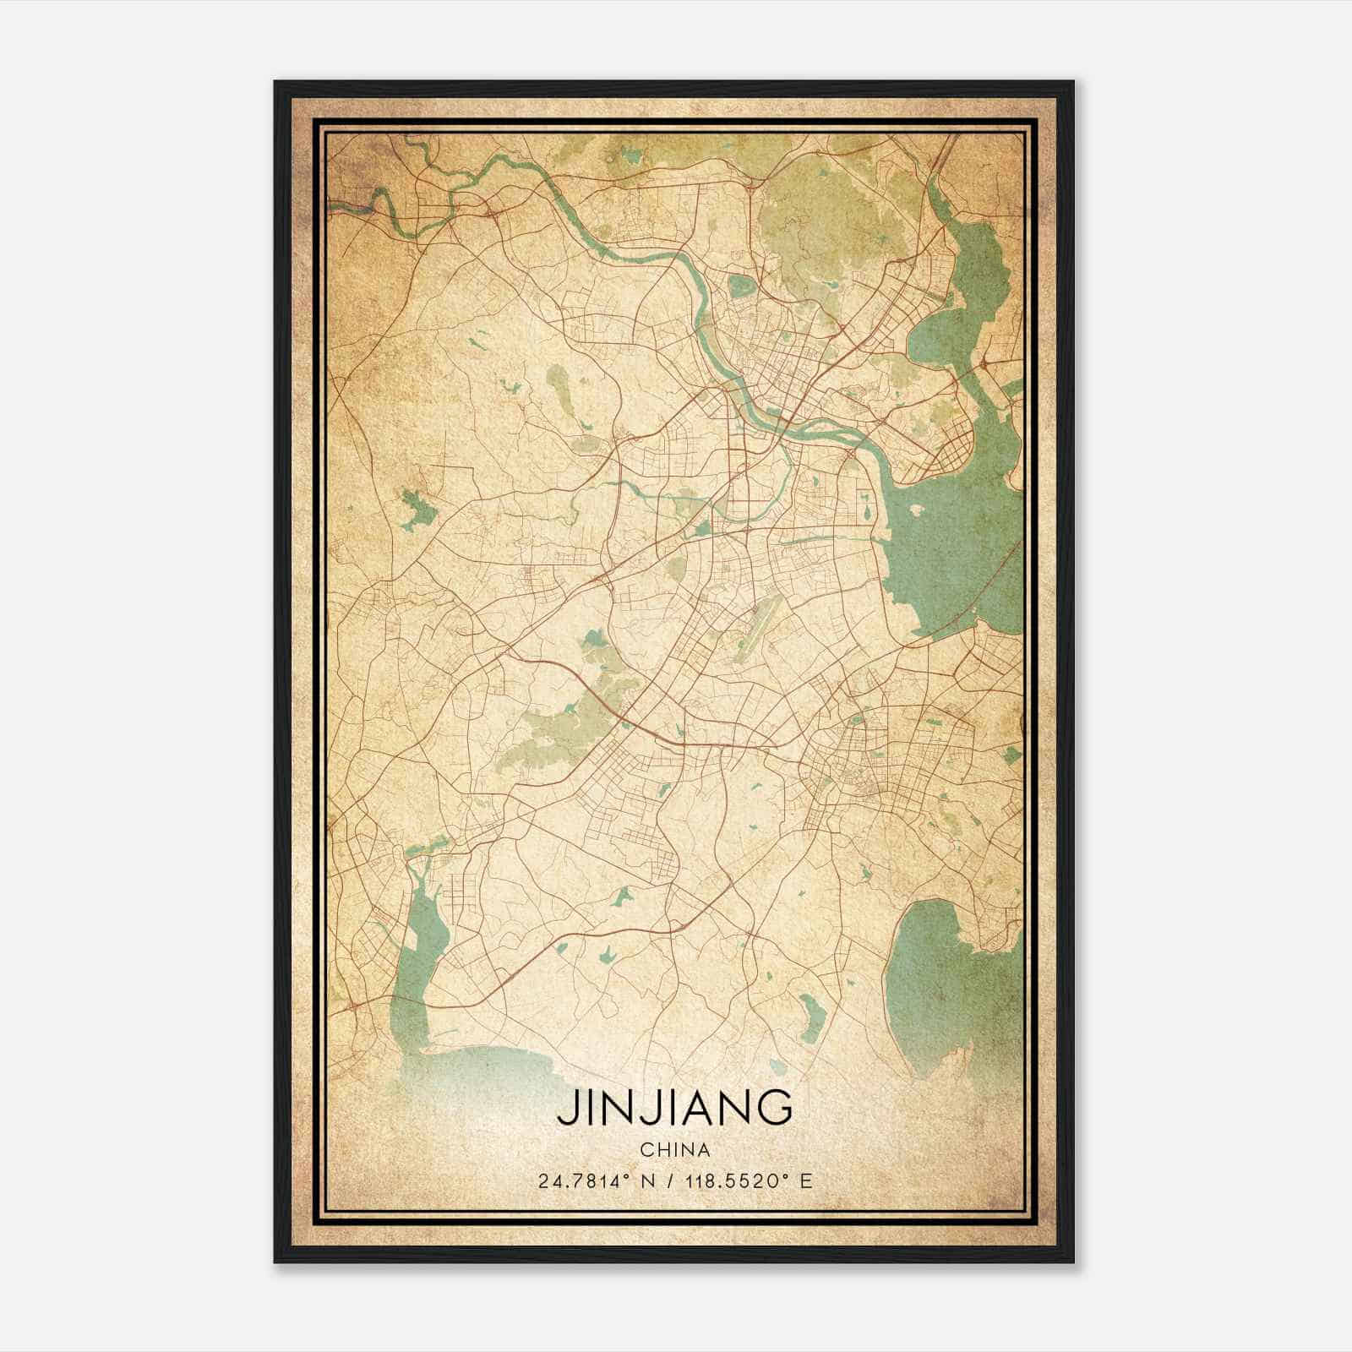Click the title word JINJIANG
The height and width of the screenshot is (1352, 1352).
pos(674,1108)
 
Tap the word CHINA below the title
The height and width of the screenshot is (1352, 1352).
pos(674,1150)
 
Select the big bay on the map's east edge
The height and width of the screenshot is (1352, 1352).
pos(955,541)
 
